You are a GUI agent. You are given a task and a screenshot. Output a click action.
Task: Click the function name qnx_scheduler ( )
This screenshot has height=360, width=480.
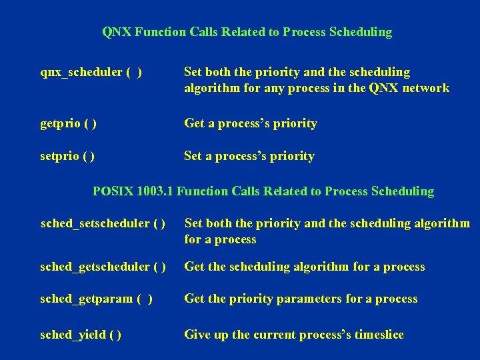tap(91, 72)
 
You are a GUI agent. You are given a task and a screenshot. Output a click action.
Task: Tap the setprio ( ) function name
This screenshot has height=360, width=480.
tap(67, 156)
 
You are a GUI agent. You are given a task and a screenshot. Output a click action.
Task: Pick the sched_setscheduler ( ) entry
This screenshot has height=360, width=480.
tap(103, 223)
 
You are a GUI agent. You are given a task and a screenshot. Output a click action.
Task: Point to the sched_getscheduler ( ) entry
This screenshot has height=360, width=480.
tap(103, 267)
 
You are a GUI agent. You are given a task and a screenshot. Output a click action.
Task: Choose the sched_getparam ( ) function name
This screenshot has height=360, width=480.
tap(96, 299)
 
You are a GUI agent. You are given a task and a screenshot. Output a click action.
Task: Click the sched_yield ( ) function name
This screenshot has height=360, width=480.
tap(81, 335)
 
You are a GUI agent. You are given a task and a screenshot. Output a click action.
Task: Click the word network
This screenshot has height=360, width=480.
tap(425, 88)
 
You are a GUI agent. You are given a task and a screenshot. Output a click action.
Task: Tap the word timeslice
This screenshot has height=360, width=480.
tap(376, 335)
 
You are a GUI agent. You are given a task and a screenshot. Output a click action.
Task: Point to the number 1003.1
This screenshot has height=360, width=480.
tap(155, 191)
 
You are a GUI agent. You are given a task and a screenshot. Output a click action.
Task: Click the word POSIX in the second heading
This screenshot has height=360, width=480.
tap(113, 191)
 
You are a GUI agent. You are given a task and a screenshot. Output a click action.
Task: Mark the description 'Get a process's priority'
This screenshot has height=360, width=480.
tap(250, 123)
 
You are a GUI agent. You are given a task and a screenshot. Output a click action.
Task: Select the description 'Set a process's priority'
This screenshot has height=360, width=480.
tap(249, 156)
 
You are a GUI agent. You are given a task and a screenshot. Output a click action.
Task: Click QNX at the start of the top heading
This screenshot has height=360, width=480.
tap(117, 32)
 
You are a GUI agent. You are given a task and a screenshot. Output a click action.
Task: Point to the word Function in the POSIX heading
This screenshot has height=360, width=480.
tap(203, 191)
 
